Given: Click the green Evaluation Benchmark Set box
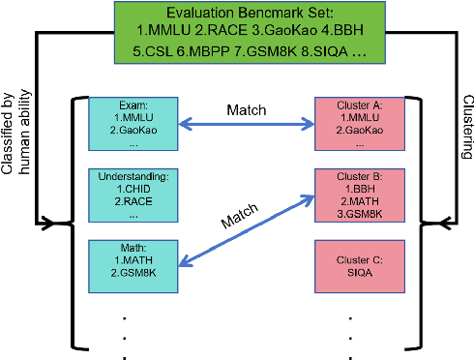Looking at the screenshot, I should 236,35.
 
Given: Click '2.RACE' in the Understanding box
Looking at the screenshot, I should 127,204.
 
